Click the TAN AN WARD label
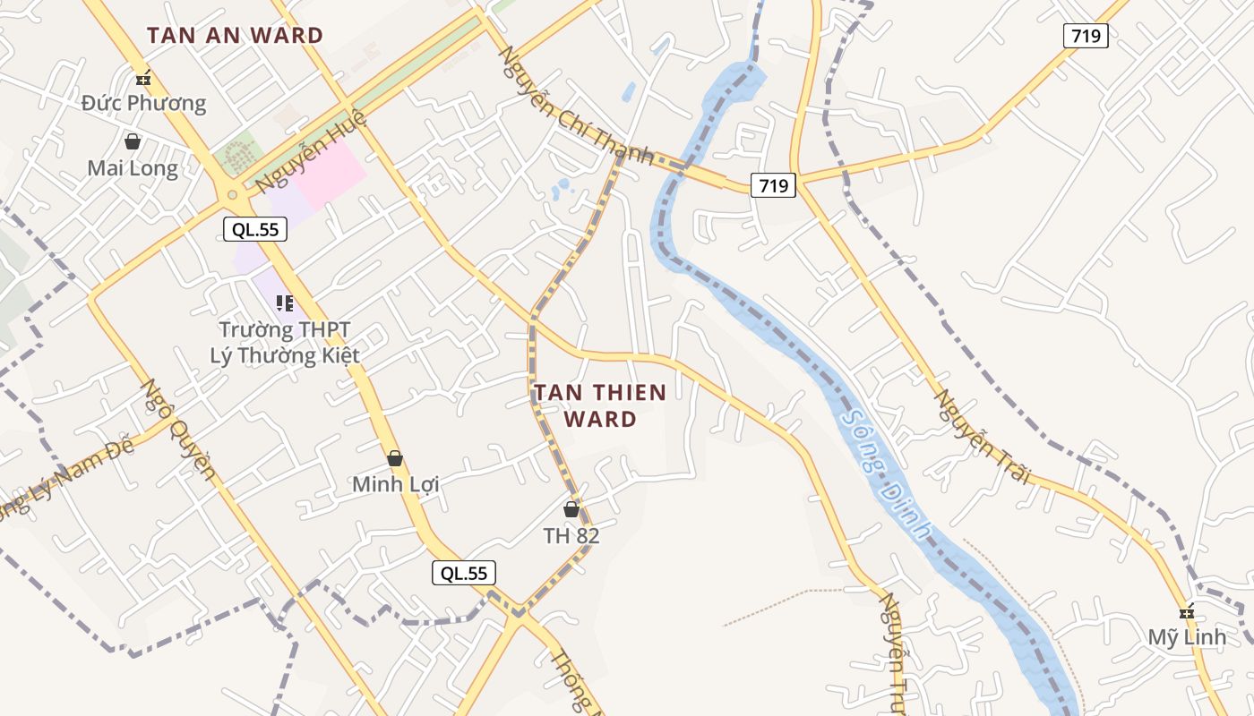[235, 36]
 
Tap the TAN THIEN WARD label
[600, 405]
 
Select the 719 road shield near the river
[773, 185]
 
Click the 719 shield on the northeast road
[1087, 36]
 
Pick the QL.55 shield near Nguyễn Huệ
[255, 229]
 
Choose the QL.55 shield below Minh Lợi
[464, 573]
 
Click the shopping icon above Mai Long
[133, 141]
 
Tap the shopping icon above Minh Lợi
[395, 458]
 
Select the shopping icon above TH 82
[571, 509]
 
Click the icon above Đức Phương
[143, 78]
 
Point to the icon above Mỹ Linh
[1187, 612]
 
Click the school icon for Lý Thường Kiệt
[285, 303]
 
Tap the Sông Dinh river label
[888, 474]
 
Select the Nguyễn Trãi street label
[983, 436]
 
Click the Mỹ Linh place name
[1187, 637]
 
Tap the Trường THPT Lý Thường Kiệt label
[285, 343]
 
